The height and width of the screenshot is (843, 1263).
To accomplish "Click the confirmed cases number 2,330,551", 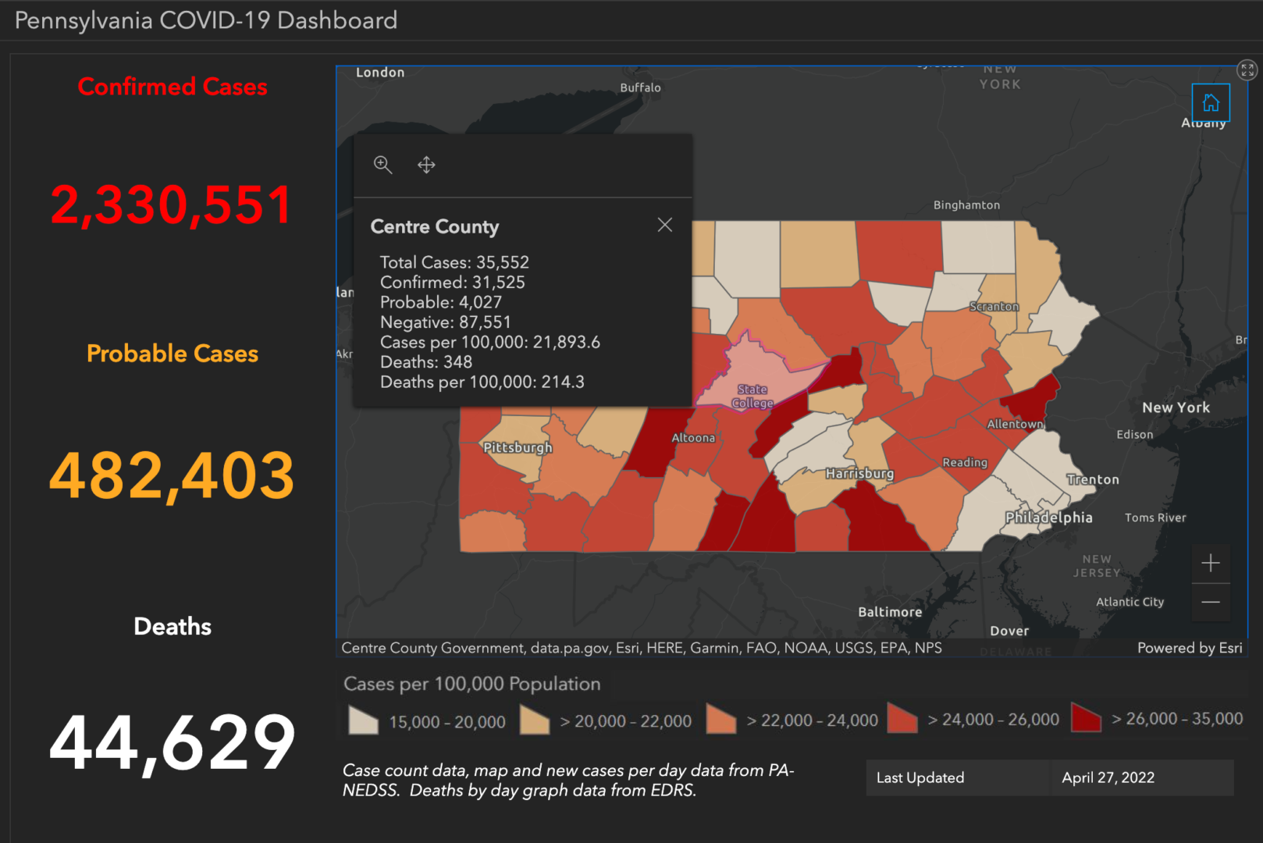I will coord(172,205).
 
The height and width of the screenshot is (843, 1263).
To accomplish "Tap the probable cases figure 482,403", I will coord(172,475).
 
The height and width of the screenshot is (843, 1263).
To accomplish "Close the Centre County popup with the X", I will coord(664,226).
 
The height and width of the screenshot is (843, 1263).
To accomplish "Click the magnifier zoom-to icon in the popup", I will coord(382,165).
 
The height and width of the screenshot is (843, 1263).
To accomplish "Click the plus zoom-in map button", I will coord(1210,563).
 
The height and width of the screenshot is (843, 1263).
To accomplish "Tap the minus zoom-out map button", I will coord(1210,602).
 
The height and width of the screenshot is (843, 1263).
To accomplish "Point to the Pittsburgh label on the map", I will coord(518,447).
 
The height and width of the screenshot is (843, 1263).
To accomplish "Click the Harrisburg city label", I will coord(859,473).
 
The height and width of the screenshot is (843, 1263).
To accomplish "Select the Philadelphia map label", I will coord(1048,518).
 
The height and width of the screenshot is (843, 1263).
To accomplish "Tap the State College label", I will coord(752,396).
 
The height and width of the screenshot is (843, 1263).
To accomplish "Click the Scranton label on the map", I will coord(994,307).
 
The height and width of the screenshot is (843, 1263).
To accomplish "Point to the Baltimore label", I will coord(890,612).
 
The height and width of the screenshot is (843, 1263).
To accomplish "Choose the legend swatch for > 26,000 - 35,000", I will coord(1086,718).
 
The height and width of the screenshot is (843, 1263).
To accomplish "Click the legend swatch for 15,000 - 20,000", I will coord(363,720).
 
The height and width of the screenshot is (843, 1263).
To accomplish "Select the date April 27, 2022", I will coord(1108,777).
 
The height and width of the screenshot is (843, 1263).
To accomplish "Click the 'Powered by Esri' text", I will coord(1189,648).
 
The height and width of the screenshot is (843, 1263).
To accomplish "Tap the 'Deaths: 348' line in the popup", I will coord(426,362).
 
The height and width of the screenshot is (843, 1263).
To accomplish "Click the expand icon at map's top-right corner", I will coord(1247,70).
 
